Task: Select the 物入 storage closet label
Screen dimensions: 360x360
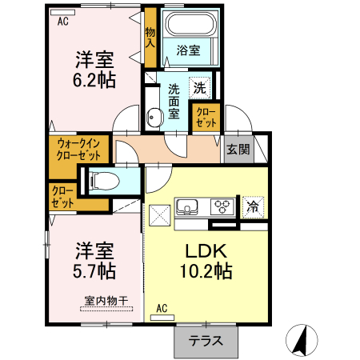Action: coord(150,37)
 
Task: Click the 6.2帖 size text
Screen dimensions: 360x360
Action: coord(95,79)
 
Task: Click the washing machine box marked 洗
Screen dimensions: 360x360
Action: coord(198,86)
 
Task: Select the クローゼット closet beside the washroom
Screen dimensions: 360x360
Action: coord(204,118)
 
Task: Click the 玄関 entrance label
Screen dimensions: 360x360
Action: coord(237,149)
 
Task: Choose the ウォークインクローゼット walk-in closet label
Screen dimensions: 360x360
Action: coord(78,150)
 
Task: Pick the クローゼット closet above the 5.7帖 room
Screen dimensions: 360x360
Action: coord(62,197)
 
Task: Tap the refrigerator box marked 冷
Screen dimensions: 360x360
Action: coord(253,206)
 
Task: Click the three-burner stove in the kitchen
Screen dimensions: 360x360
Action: coord(222,206)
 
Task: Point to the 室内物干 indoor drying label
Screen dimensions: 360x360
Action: coord(106,302)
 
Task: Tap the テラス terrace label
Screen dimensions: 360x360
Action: coord(206,340)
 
